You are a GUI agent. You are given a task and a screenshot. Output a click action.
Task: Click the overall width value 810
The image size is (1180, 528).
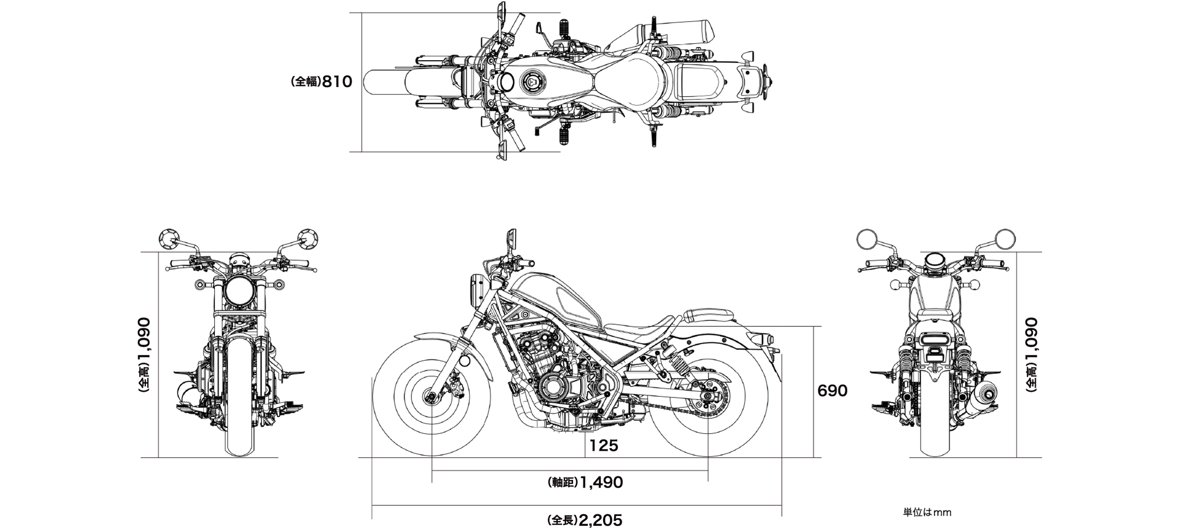pyautogui.click(x=337, y=82)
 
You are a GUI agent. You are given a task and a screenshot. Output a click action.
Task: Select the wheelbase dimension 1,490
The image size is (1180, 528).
pyautogui.click(x=601, y=483)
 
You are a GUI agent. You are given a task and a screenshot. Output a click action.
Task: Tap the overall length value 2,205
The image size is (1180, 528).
pyautogui.click(x=600, y=520)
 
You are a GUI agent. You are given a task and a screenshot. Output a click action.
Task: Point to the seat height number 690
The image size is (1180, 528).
pyautogui.click(x=832, y=391)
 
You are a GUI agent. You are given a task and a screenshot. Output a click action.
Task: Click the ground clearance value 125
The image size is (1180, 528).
pyautogui.click(x=604, y=446)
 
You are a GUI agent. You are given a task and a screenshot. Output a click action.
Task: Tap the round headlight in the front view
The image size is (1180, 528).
pyautogui.click(x=239, y=291)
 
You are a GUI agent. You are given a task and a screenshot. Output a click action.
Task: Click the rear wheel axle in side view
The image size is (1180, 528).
pyautogui.click(x=708, y=396)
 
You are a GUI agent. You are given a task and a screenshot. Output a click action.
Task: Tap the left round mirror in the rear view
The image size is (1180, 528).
pyautogui.click(x=866, y=239)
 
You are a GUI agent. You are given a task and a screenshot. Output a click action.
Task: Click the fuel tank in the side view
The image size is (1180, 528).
pyautogui.click(x=557, y=301)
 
